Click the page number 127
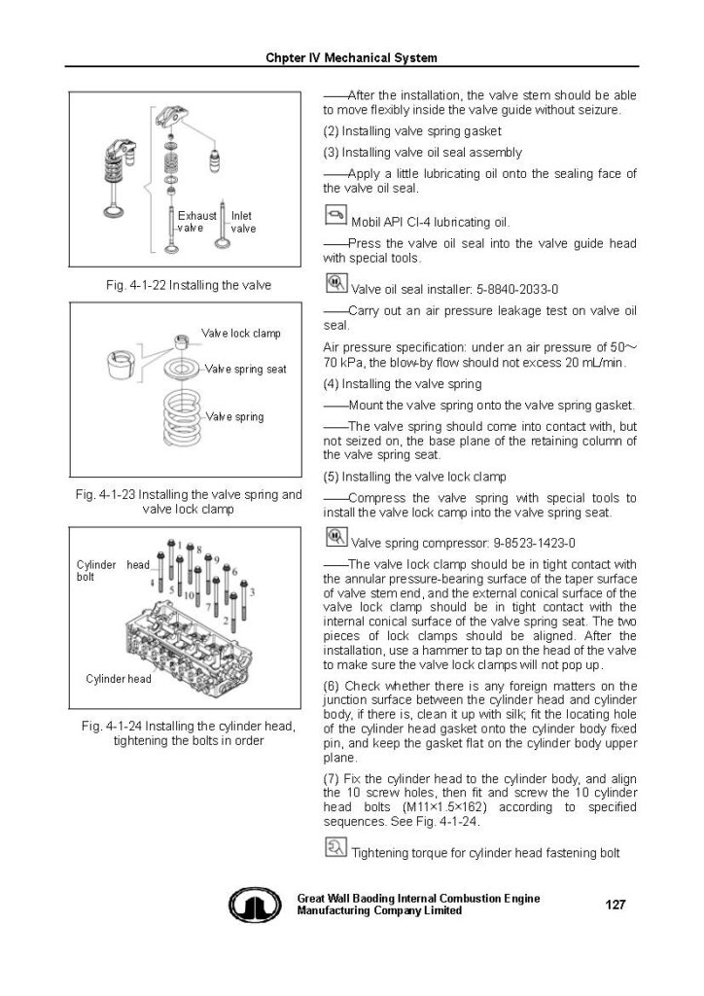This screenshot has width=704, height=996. coord(615,905)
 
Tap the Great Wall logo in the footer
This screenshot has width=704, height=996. coord(255,907)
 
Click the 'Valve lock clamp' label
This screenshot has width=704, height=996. coord(240,334)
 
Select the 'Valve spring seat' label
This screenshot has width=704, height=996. coord(246,370)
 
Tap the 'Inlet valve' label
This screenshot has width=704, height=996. coord(243,222)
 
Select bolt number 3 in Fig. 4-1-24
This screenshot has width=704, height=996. coord(253,591)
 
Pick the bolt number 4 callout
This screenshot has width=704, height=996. coord(153,582)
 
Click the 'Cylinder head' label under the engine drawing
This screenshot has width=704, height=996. coord(119,679)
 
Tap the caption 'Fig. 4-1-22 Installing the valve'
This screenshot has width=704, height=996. coord(188,285)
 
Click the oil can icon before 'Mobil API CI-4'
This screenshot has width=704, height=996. coord(334,216)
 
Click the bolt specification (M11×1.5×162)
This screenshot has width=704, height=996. coord(416,807)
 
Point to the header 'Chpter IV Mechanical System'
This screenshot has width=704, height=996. coord(351,57)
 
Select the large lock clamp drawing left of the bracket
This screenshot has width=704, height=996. coord(122,365)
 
